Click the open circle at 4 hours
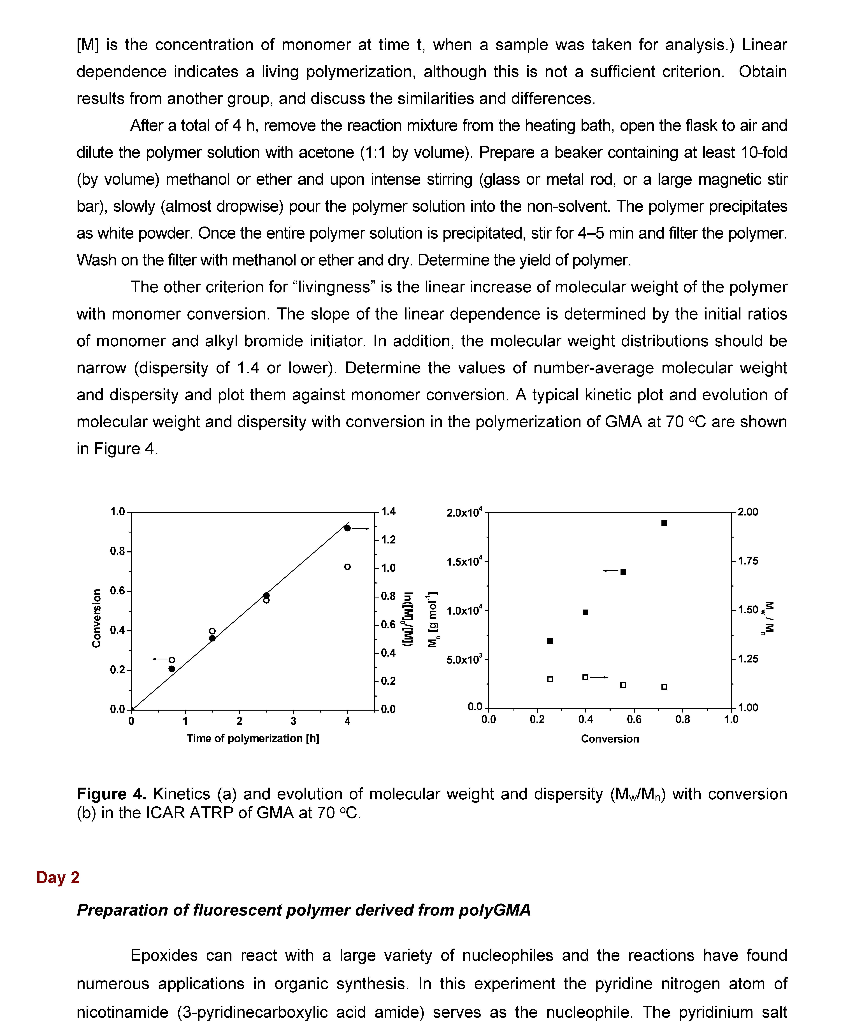347,567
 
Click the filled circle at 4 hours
347,528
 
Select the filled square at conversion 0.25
550,641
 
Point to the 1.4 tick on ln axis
388,512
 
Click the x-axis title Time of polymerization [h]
253,739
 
